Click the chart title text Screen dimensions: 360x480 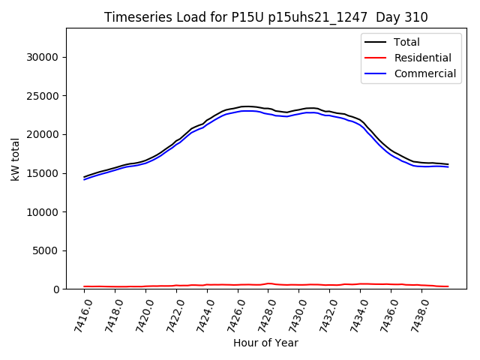[x=266, y=17]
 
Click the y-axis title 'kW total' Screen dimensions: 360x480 [x=15, y=159]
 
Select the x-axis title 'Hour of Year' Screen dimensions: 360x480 [x=265, y=343]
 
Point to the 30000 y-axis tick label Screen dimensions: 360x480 [x=43, y=57]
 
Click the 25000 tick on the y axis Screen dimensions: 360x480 [x=43, y=96]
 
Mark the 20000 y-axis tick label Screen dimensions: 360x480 [x=43, y=135]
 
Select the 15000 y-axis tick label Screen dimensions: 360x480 [x=43, y=173]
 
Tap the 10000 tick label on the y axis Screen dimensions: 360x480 [x=43, y=212]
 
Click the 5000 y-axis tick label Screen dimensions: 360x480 [x=46, y=250]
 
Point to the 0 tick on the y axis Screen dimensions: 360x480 [x=55, y=289]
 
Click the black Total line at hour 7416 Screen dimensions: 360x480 [x=84, y=177]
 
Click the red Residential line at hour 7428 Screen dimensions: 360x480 [x=269, y=283]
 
